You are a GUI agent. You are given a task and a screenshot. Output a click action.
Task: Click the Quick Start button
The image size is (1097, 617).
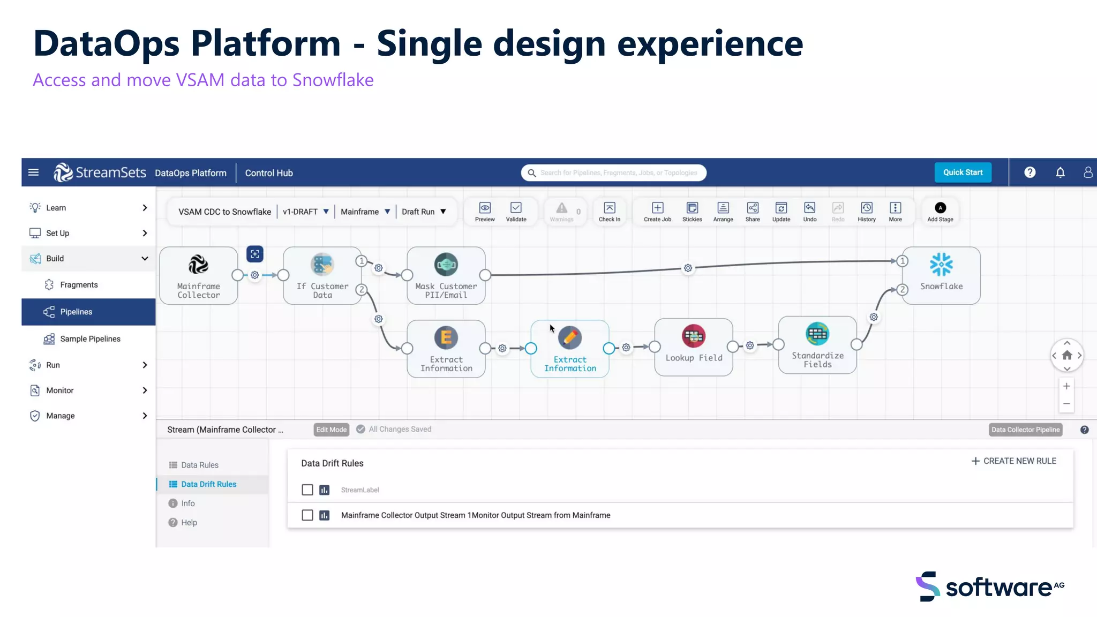pos(963,172)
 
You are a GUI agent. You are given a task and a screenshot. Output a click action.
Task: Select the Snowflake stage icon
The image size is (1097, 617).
pos(941,265)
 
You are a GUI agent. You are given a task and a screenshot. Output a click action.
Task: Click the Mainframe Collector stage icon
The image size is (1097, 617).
pos(198,265)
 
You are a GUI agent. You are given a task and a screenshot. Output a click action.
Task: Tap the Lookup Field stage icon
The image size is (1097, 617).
pos(694,336)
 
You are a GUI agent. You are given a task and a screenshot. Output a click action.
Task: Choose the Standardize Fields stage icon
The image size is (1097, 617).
pos(817,334)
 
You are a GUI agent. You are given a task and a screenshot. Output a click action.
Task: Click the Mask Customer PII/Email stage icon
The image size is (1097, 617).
pos(446,265)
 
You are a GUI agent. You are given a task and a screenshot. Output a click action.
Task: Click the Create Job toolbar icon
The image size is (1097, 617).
pos(657,212)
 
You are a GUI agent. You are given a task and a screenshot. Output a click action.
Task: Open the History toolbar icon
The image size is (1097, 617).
pos(866,212)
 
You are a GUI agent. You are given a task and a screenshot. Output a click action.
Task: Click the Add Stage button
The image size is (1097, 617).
pos(940,212)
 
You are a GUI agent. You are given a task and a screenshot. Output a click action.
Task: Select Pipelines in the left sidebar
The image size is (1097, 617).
pos(76,312)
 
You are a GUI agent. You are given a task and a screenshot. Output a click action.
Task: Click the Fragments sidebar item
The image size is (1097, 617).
pos(79,285)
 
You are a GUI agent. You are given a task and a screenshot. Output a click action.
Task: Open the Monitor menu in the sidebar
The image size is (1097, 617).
pos(60,390)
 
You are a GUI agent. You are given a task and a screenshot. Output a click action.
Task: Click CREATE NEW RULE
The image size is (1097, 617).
pos(1013,461)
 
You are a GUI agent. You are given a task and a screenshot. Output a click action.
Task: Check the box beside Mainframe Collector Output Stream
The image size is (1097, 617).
pos(307,515)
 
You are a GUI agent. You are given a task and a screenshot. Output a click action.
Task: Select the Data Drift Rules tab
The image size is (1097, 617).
pos(208,484)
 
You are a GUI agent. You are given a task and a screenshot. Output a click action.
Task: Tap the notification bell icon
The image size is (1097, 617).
pos(1060,172)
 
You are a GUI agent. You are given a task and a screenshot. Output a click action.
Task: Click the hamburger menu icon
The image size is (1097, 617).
pos(33,172)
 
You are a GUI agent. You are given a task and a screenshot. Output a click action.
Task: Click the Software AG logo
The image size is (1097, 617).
pos(990,586)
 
